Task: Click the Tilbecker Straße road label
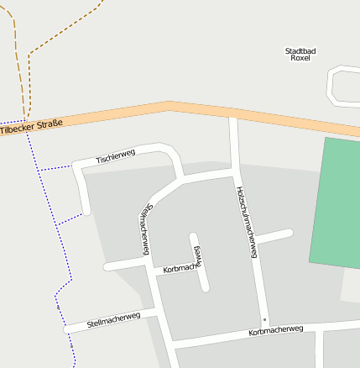pos(32,128)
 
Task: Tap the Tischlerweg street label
pos(115,155)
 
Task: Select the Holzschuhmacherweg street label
pos(246,221)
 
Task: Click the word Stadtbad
pos(300,50)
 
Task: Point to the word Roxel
pos(300,59)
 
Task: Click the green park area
pos(336,202)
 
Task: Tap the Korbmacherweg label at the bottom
pos(276,330)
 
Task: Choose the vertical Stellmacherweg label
pos(147,228)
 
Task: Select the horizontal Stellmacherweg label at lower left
pos(113,321)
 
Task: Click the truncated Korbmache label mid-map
pos(181,267)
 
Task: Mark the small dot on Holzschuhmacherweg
pos(263,319)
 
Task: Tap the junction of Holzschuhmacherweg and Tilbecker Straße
pos(233,118)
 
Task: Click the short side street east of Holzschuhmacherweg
pos(274,235)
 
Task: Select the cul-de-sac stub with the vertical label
pos(199,260)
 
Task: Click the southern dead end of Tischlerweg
pos(85,209)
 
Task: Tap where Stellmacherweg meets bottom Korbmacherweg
pos(170,344)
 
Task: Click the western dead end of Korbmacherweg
pos(107,267)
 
